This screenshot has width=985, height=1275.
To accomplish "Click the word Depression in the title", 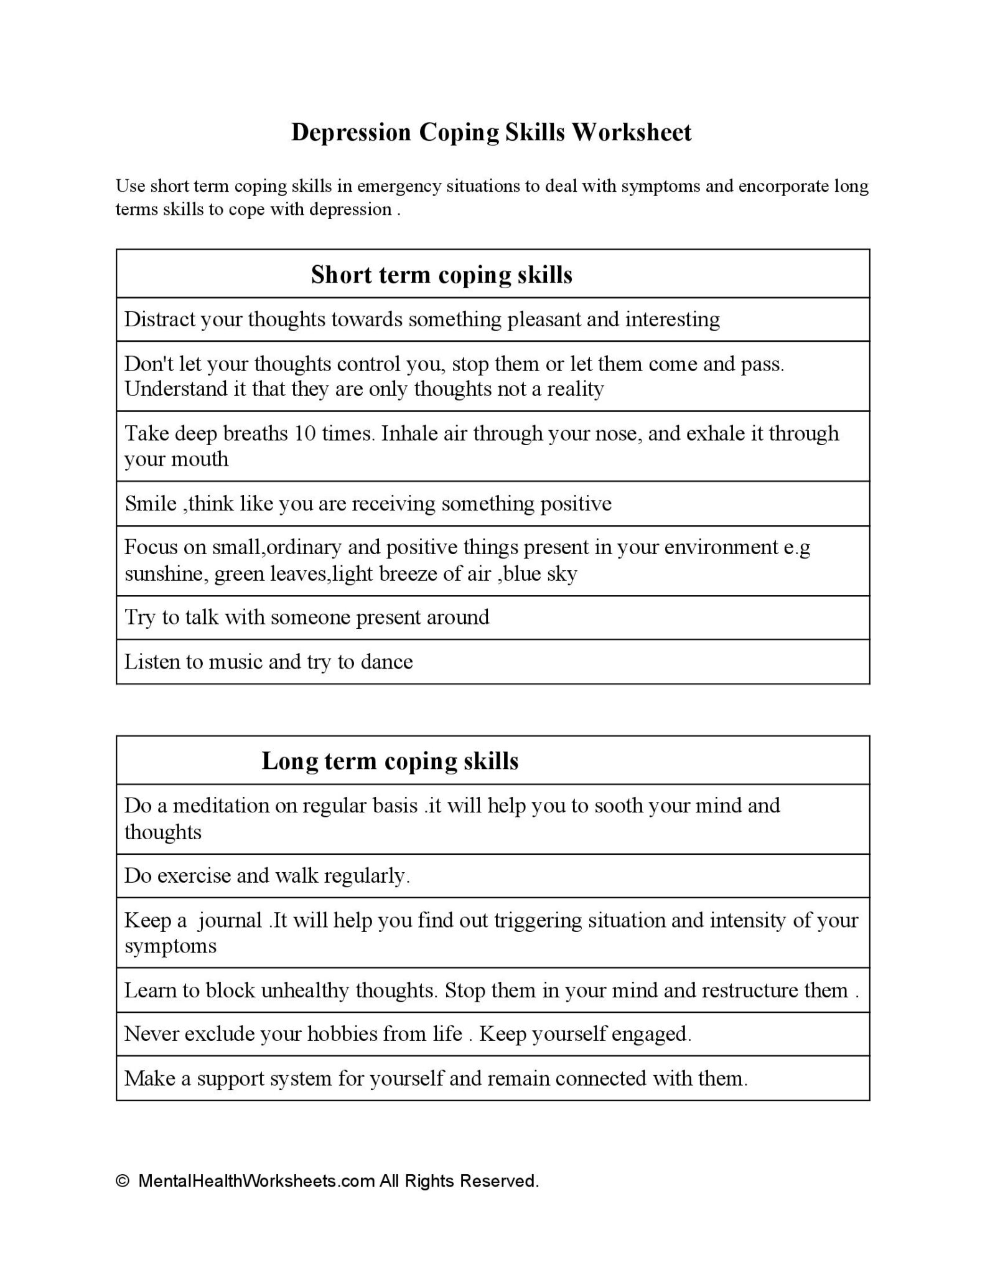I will click(x=351, y=133).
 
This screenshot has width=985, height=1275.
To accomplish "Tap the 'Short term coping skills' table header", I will click(x=441, y=275).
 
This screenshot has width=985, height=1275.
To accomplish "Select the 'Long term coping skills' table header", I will click(x=390, y=761).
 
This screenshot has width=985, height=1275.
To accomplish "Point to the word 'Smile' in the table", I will click(x=151, y=503).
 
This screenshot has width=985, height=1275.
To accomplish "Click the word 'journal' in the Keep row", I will click(x=230, y=920).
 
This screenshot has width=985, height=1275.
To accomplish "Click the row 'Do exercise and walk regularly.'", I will click(x=267, y=876).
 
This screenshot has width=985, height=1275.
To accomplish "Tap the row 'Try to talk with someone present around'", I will click(x=306, y=617).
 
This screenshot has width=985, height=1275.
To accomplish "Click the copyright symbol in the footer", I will click(x=123, y=1181).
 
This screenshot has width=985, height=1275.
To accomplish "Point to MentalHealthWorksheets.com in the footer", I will click(x=256, y=1181).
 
